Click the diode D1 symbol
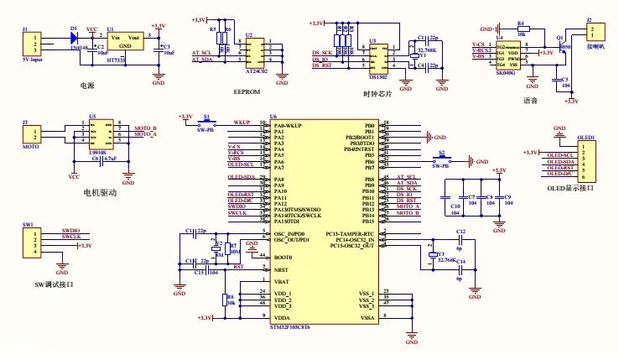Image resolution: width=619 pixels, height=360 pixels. click(x=75, y=38)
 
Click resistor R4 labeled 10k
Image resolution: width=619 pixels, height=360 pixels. click(x=521, y=30)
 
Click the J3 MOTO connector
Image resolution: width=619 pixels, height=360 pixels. click(x=33, y=134)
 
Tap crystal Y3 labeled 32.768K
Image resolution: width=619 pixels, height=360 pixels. click(x=431, y=256)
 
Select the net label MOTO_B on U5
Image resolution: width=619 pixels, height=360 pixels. click(x=146, y=127)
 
